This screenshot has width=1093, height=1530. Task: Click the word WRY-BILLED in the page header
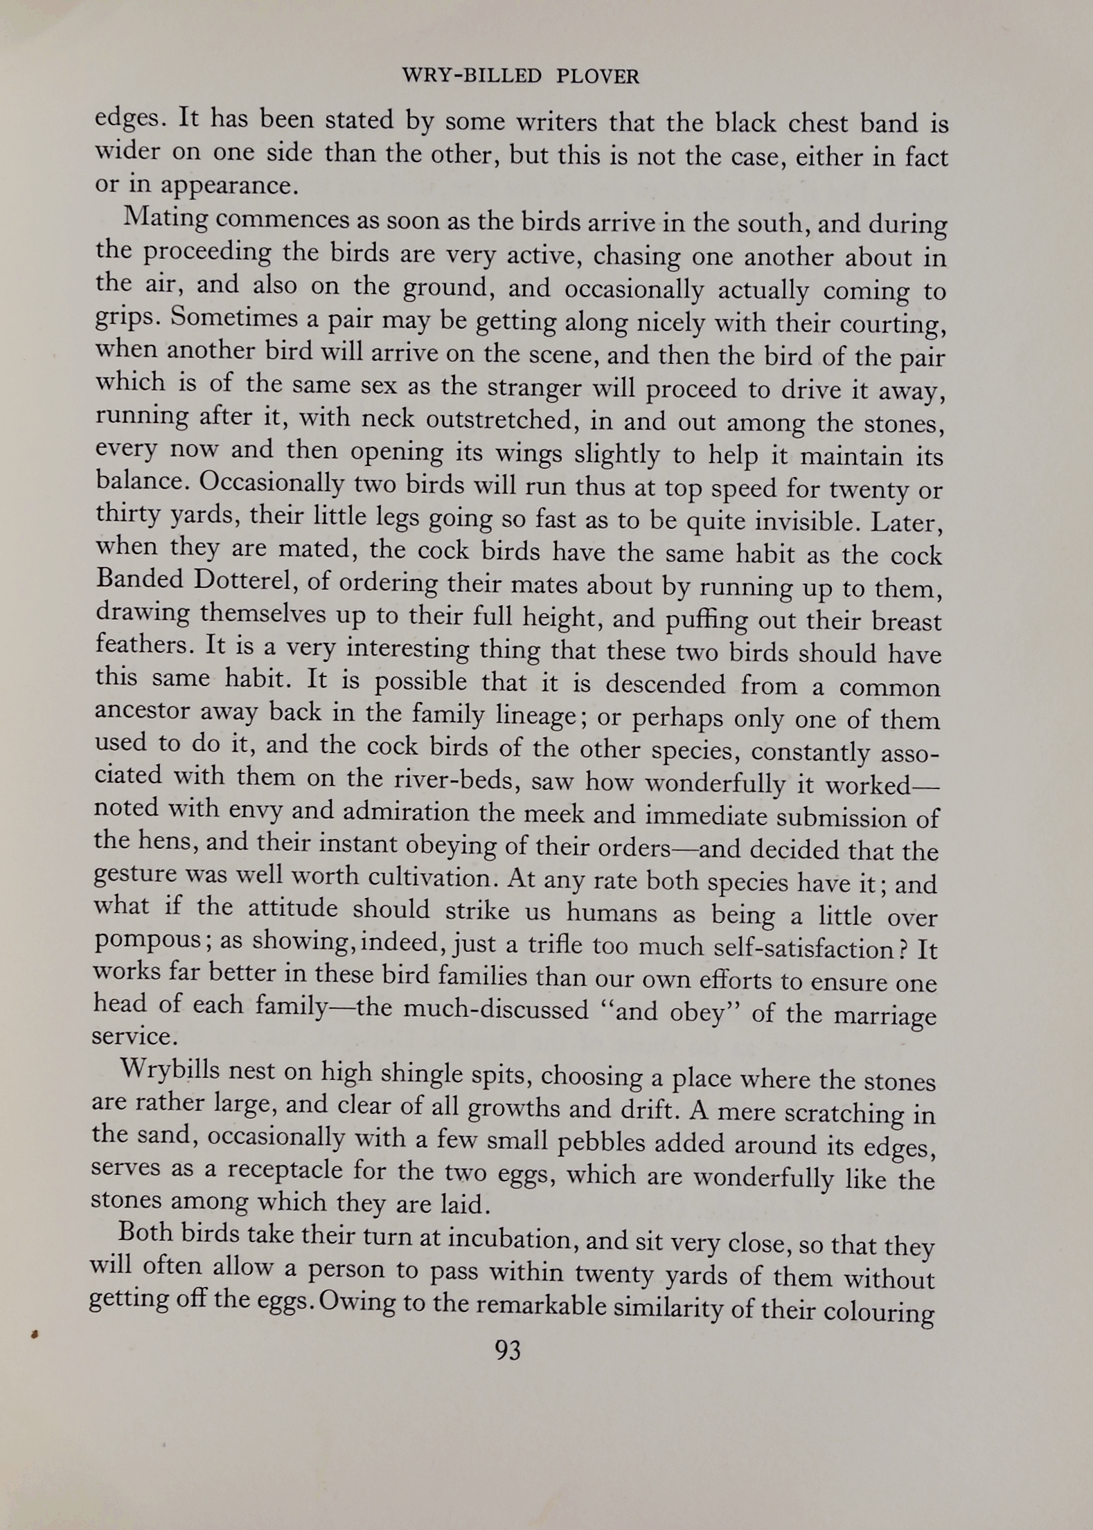click(x=472, y=76)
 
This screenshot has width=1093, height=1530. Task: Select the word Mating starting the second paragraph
click(x=166, y=220)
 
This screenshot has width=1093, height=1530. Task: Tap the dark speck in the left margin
click(x=33, y=1332)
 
